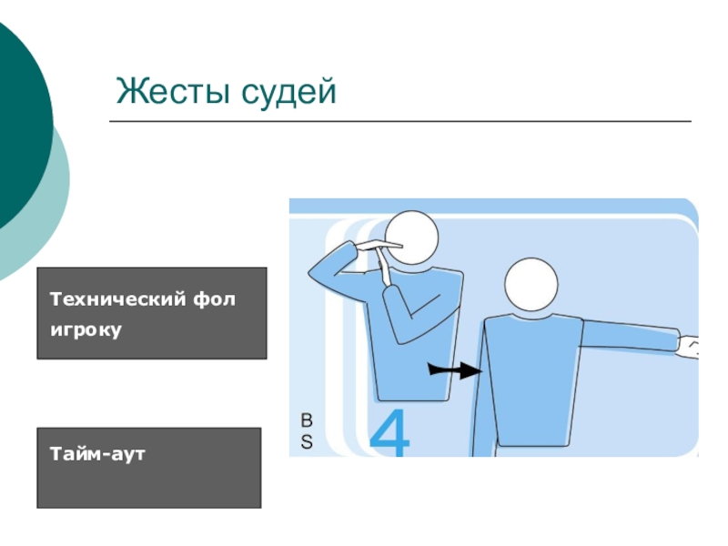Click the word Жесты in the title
[173, 91]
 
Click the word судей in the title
[288, 93]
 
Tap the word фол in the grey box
[214, 299]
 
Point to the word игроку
[86, 329]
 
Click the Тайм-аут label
[97, 453]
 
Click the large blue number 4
[389, 432]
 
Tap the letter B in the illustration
[307, 420]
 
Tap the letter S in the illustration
[307, 442]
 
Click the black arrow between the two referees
[455, 370]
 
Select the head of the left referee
[411, 238]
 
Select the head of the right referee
[531, 284]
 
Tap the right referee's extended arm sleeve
[629, 334]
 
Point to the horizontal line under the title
[400, 121]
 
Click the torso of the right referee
[531, 380]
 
